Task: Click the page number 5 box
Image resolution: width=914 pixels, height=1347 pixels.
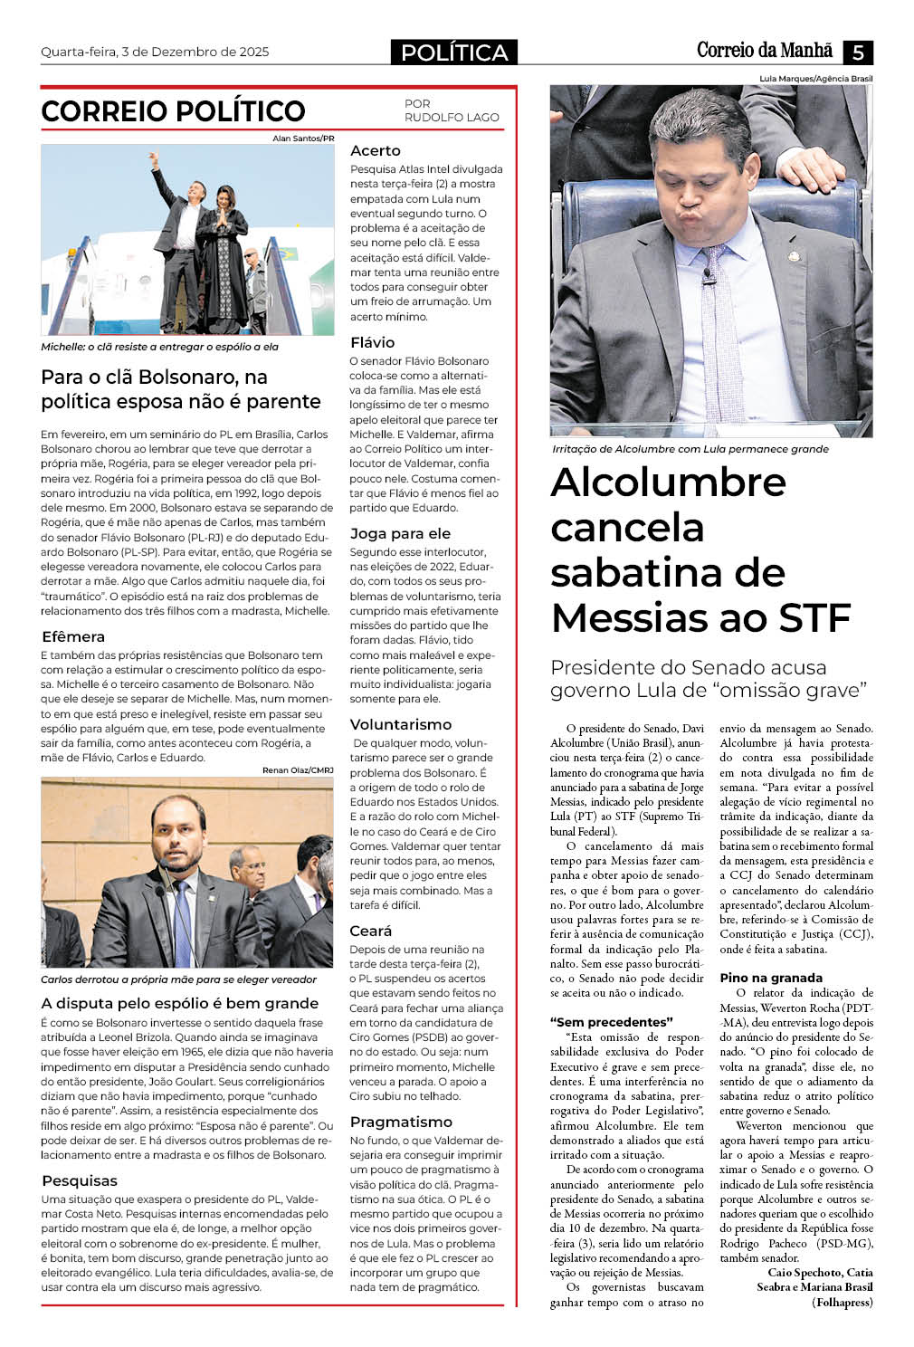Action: (x=857, y=52)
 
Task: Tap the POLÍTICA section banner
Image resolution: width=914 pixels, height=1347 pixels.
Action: (x=454, y=53)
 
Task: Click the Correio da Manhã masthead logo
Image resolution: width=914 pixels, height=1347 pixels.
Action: (x=766, y=51)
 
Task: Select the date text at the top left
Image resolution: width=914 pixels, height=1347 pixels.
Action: (x=155, y=52)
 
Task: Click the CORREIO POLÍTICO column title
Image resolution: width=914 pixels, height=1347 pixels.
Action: (x=173, y=111)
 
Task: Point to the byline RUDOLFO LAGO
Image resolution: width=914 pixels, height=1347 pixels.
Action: (x=452, y=117)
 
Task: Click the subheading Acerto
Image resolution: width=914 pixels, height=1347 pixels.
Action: (x=375, y=150)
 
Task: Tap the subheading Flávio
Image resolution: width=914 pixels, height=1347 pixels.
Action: (x=372, y=342)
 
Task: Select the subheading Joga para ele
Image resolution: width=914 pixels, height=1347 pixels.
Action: (x=400, y=533)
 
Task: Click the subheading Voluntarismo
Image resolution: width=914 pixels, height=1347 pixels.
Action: (x=400, y=724)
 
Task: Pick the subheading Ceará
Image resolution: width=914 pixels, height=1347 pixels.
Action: (x=371, y=931)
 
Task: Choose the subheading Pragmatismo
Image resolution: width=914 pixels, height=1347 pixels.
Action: (x=401, y=1122)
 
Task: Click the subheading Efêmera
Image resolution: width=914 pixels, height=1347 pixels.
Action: (x=73, y=636)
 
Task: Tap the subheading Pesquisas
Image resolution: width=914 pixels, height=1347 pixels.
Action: (x=80, y=1180)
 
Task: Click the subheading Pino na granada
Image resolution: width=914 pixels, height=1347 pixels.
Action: (x=771, y=978)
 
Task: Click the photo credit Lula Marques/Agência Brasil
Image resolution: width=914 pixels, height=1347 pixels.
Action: (x=816, y=79)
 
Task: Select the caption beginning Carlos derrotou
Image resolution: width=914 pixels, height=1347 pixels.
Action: (x=178, y=979)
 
